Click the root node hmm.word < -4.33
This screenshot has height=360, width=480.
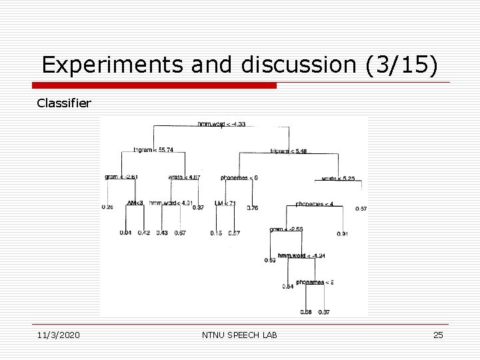pos(221,124)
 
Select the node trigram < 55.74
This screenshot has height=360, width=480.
pos(153,150)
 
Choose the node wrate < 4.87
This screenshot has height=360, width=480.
pos(185,177)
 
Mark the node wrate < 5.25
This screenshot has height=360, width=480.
pos(338,178)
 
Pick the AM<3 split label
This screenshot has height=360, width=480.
pos(135,203)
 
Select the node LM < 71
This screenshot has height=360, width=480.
pos(225,203)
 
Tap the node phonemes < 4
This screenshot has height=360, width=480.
pos(315,203)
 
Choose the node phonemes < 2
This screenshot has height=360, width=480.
pos(315,282)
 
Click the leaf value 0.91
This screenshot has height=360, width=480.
pos(342,233)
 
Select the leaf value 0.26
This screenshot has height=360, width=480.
pos(107,207)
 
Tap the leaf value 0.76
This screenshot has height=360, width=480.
pos(253,208)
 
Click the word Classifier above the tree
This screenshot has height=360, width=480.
pos(65,104)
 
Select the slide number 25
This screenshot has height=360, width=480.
pos(437,335)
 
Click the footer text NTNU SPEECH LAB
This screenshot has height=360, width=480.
pos(239,335)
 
